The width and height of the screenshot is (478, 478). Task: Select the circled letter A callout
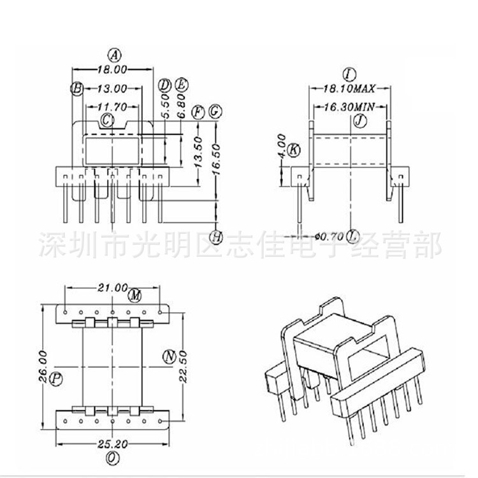(x=113, y=54)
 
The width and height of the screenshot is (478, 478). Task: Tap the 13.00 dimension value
(x=112, y=89)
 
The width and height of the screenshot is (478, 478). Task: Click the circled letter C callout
(x=108, y=119)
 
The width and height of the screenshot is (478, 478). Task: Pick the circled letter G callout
(x=215, y=112)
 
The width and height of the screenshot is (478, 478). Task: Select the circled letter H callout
(x=216, y=237)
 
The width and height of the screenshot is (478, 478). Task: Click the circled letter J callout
(x=361, y=120)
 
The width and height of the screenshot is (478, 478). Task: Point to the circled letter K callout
(x=294, y=150)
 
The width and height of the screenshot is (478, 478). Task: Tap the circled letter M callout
(x=134, y=296)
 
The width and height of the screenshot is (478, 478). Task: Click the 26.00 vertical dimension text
(x=42, y=366)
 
